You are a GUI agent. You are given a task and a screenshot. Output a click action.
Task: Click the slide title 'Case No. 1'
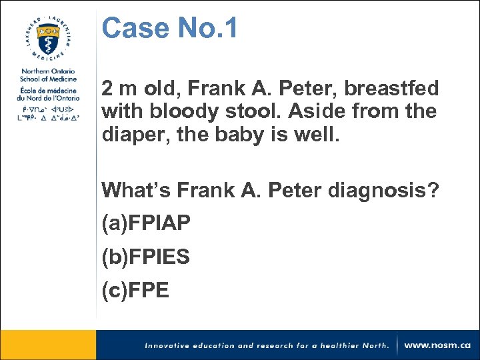(x=169, y=29)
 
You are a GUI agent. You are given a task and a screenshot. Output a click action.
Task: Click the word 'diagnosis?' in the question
(x=383, y=191)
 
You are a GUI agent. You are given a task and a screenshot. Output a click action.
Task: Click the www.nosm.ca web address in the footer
(x=437, y=345)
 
